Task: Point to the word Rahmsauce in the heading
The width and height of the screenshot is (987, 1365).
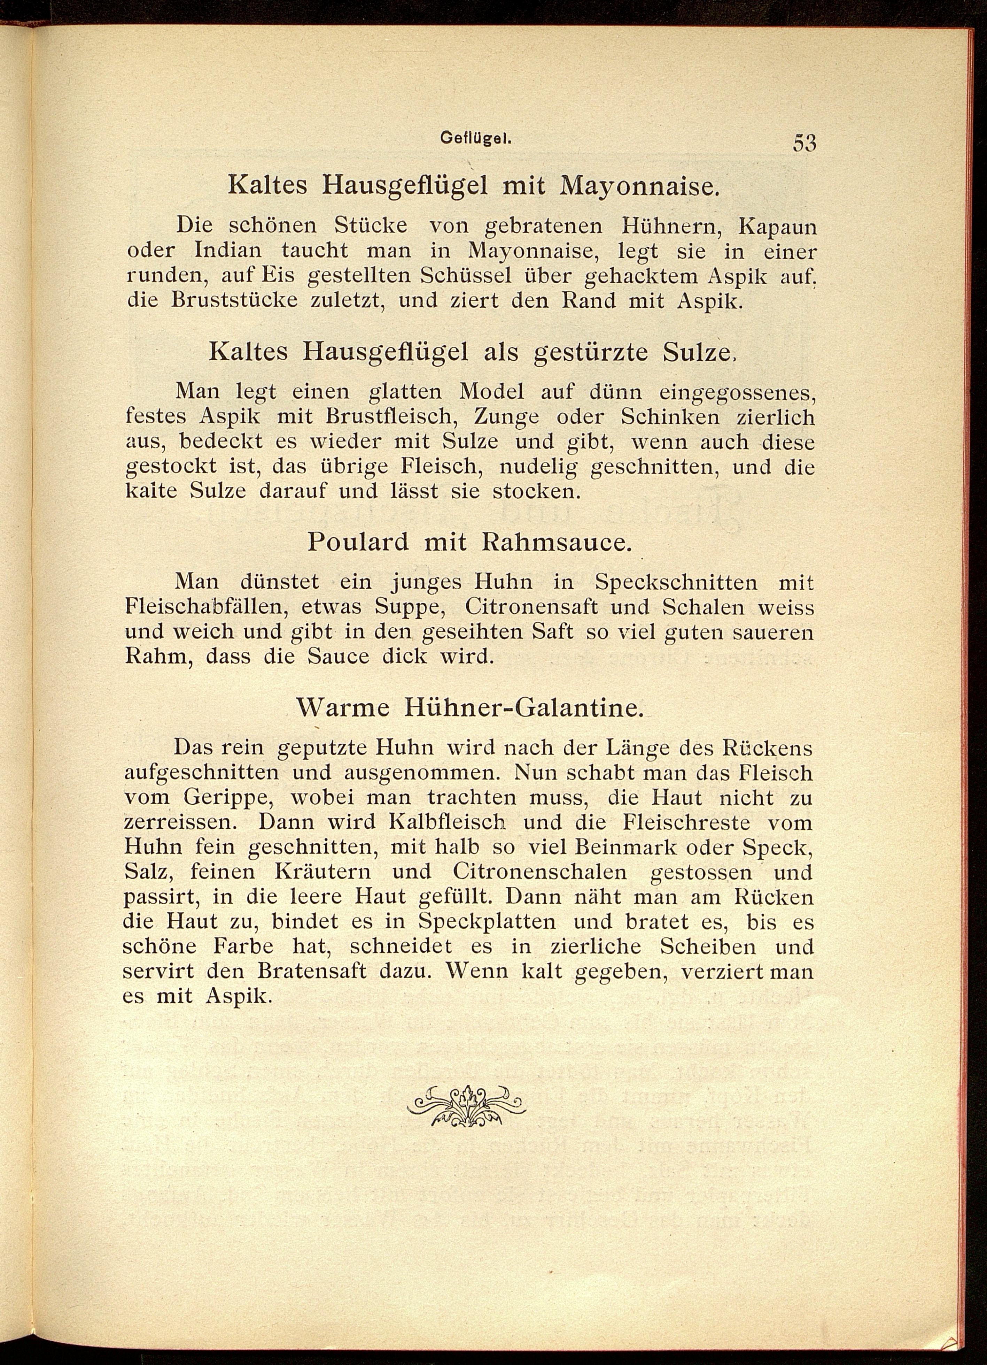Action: (x=556, y=542)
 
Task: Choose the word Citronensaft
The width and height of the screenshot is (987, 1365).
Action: (x=532, y=607)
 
